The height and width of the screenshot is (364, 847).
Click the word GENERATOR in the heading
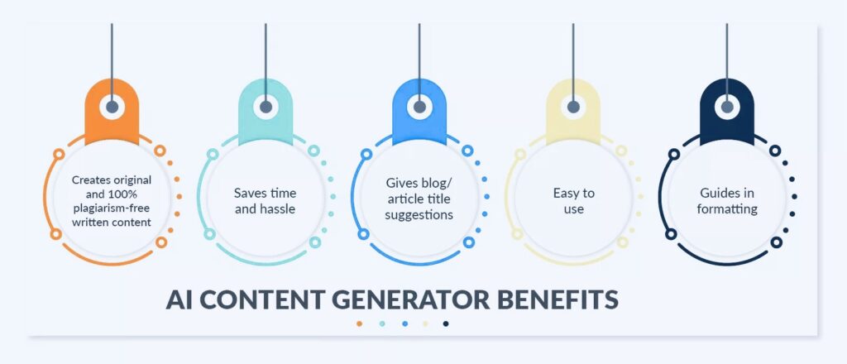click(x=411, y=299)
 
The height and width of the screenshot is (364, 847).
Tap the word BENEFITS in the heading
click(x=558, y=299)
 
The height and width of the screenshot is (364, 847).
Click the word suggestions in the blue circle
click(x=419, y=215)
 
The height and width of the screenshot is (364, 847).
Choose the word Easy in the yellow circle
click(x=566, y=193)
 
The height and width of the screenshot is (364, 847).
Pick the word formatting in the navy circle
click(x=727, y=209)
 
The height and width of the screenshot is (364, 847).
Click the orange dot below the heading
click(x=359, y=324)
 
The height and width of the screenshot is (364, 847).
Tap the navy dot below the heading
click(x=446, y=324)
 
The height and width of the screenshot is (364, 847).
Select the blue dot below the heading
click(x=404, y=324)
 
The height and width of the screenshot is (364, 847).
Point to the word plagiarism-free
click(x=112, y=208)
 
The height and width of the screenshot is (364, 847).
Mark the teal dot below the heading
click(x=382, y=324)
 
